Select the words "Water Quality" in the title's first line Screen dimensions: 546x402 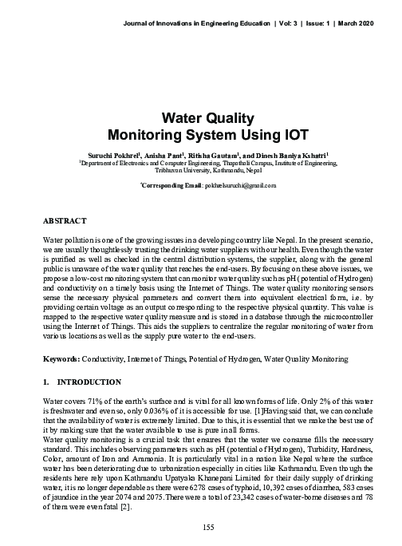point(201,117)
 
